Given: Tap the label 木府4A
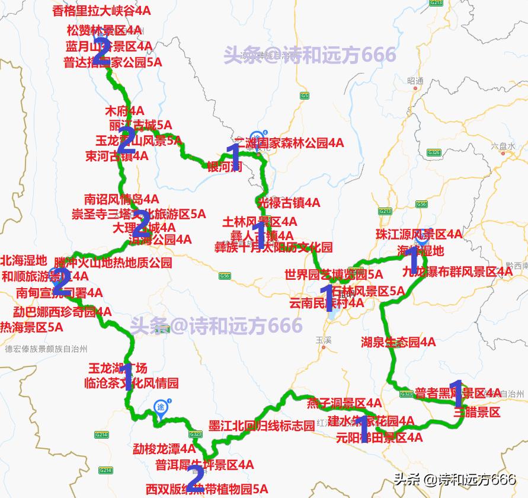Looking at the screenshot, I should pos(124,111).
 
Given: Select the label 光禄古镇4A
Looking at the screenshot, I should pos(290,203).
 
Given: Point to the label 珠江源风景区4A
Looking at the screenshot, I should pos(419,234).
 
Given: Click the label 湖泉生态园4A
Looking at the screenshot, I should pos(398,342).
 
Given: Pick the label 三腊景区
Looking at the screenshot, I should pos(477,413).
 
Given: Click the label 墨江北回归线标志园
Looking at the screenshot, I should pos(262,426).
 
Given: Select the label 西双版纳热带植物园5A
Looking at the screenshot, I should pos(207,490).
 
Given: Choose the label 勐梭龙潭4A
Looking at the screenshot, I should pos(164,449).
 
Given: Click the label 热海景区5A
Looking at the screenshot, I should pos(31,327).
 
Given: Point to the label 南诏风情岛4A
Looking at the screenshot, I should pos(121,199).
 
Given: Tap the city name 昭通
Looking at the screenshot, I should pos(415,81).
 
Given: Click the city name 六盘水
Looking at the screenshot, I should pos(503,145).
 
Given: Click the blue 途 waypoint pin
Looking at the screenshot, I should pos(161,407).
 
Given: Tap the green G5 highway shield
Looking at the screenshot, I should pos(305,95).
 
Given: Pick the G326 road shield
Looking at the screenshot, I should pos(434,153).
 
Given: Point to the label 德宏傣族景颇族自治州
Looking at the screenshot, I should pos(46,349).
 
